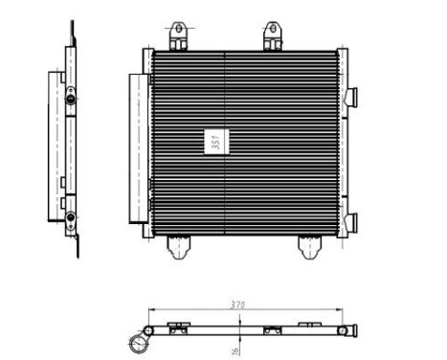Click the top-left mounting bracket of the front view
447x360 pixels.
tap(178, 36)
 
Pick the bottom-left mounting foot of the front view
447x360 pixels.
tap(178, 248)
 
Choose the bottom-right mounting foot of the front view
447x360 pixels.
tap(310, 248)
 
